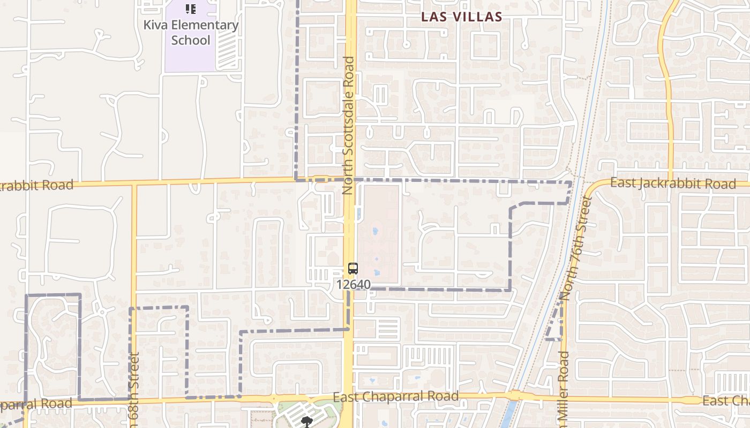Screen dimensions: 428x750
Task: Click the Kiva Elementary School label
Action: [191, 33]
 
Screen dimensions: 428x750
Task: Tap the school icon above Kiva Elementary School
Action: [191, 9]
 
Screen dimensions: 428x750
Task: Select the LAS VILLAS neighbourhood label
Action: [462, 17]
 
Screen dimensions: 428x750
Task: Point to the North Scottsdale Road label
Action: [349, 125]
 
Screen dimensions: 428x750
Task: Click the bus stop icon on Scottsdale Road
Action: [352, 269]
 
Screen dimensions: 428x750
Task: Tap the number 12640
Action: [354, 285]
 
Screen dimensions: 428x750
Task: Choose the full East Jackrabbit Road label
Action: [673, 184]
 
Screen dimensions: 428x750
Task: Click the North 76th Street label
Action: [577, 247]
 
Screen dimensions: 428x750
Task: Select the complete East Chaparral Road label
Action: [396, 396]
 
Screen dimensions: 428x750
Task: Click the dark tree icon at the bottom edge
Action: [306, 423]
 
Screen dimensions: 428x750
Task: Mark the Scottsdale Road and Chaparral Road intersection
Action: [349, 398]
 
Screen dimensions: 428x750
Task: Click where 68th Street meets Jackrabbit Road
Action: [134, 184]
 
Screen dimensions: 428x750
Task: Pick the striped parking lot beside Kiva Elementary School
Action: [228, 51]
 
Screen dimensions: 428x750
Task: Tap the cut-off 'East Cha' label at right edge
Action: [726, 401]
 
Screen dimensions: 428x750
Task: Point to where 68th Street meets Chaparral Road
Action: [133, 400]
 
